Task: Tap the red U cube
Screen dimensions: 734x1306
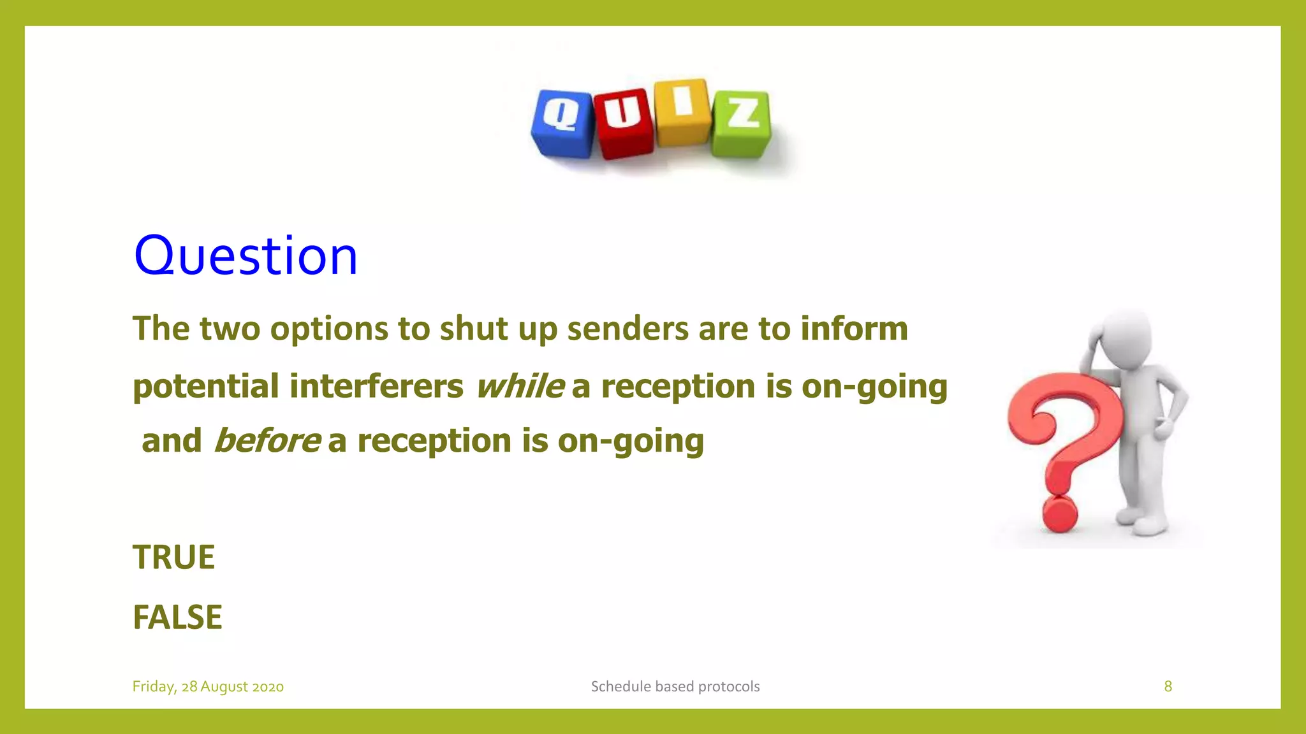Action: tap(623, 122)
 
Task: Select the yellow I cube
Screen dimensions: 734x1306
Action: tap(682, 112)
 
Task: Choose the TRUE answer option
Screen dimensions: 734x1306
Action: tap(173, 558)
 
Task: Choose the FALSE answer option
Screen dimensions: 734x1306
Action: tap(177, 617)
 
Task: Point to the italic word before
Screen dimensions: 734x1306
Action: tap(267, 441)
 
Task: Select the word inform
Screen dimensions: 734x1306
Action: tap(854, 329)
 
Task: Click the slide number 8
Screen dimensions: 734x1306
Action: tap(1168, 686)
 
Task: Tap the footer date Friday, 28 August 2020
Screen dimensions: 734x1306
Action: tap(208, 686)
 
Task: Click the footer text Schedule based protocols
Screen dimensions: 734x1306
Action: tap(675, 686)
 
